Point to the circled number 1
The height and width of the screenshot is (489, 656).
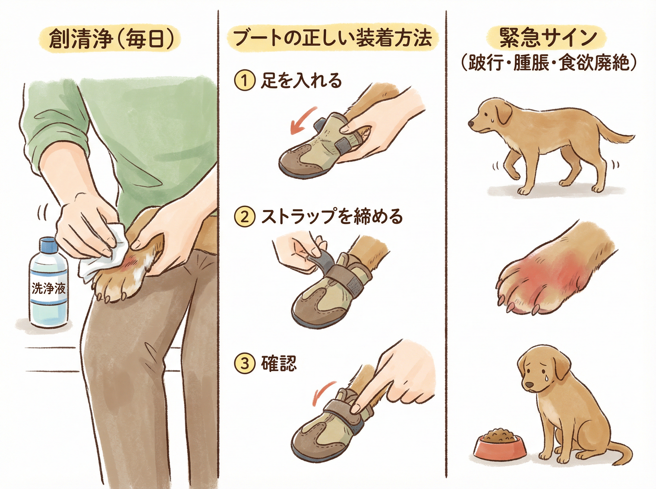(245, 80)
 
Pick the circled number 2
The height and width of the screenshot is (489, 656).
(245, 217)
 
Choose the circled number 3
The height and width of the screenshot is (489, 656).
(245, 363)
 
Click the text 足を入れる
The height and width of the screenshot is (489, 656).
(301, 80)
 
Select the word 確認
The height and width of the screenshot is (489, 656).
(279, 363)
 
